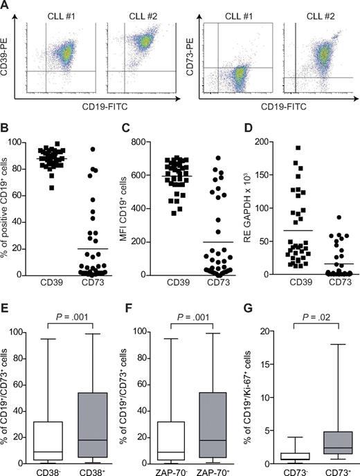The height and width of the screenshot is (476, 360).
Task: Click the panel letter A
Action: click(6, 6)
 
